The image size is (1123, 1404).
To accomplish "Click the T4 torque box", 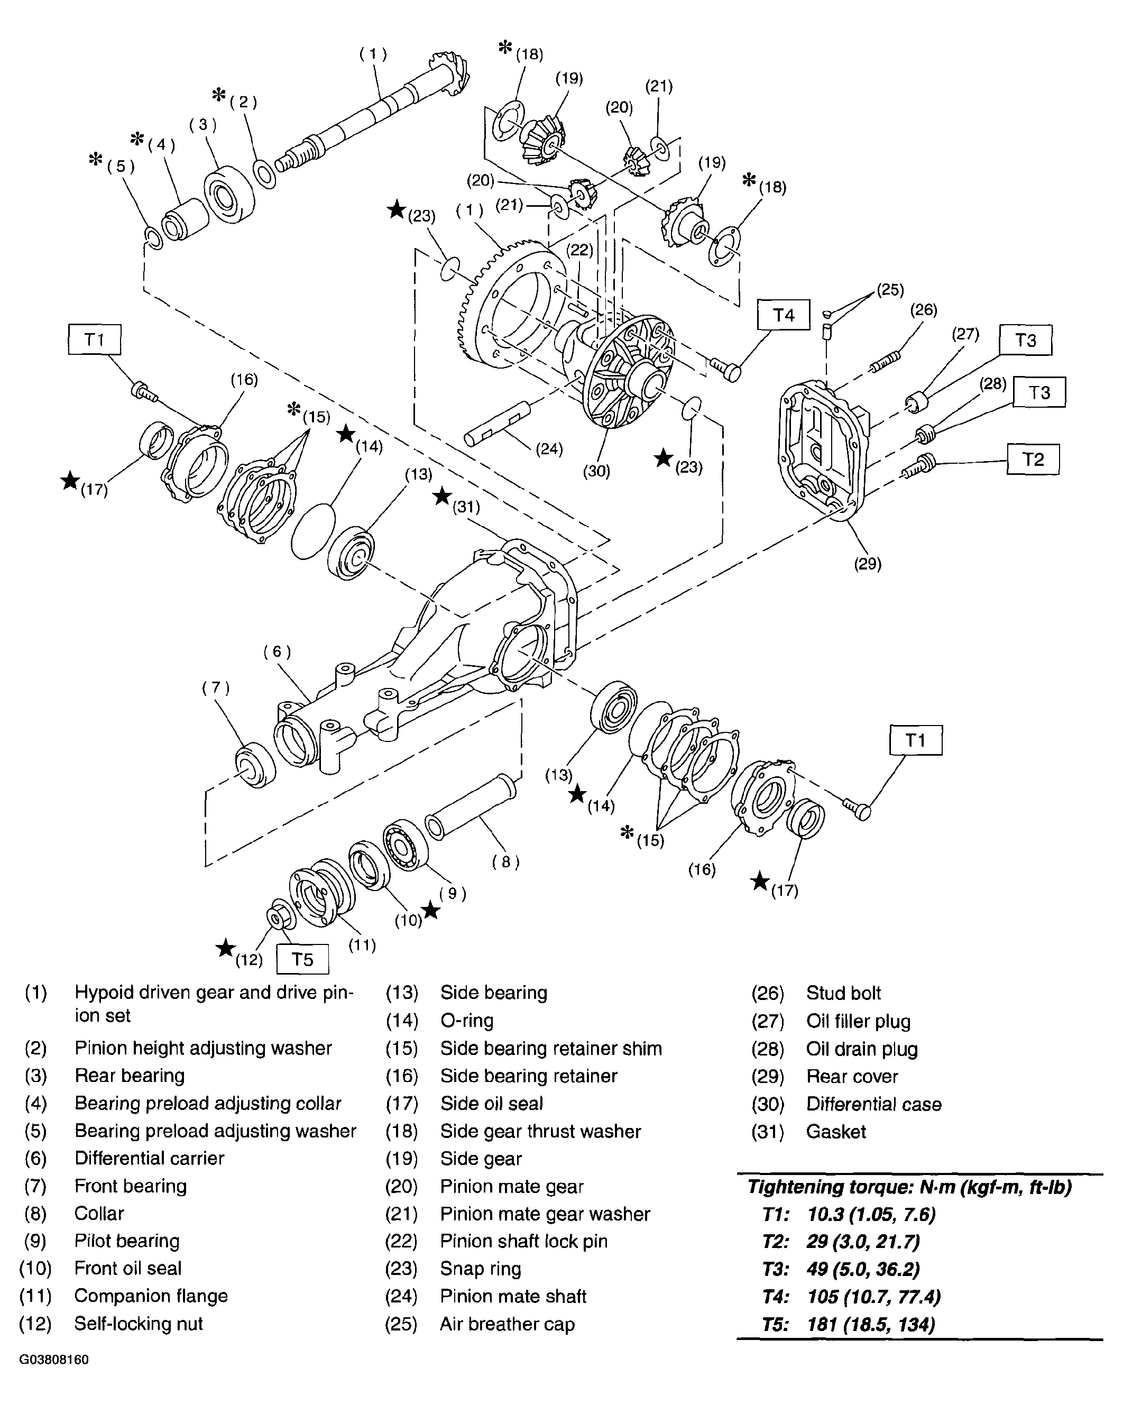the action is [x=783, y=315].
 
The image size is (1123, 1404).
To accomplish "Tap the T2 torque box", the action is [x=1033, y=459].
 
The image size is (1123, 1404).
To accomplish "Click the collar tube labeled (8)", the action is [x=471, y=805].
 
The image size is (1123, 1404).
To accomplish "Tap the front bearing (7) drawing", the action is [x=255, y=765].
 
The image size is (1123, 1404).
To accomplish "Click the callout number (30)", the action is [x=596, y=470].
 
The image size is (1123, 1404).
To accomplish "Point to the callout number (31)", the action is [x=466, y=506].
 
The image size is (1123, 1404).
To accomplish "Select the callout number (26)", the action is [x=923, y=309].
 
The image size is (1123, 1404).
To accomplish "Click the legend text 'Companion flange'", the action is [x=151, y=1296].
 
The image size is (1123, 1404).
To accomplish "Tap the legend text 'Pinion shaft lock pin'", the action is [x=524, y=1241].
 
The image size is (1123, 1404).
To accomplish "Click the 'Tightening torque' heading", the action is [x=909, y=1187].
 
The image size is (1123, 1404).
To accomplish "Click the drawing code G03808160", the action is [x=54, y=1360].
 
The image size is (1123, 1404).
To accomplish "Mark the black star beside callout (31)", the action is [x=442, y=496].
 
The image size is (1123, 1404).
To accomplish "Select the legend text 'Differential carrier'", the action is [x=149, y=1159].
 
